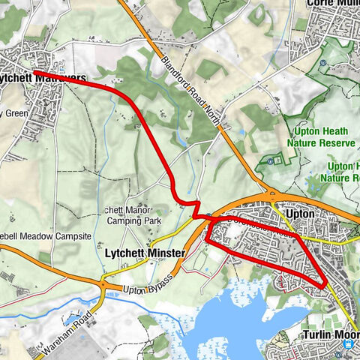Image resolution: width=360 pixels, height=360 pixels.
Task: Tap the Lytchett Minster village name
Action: point(144,254)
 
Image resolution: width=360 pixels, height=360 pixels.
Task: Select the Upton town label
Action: point(303,214)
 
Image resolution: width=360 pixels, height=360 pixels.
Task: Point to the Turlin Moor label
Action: point(330,335)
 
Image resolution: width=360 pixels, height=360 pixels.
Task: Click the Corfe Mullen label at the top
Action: point(334,4)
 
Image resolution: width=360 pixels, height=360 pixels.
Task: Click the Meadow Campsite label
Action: point(52,235)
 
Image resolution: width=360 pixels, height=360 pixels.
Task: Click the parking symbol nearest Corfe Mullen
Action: point(322,63)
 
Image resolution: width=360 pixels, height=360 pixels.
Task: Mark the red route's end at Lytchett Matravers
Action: point(34,71)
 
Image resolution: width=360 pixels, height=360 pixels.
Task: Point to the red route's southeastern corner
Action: point(325,286)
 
